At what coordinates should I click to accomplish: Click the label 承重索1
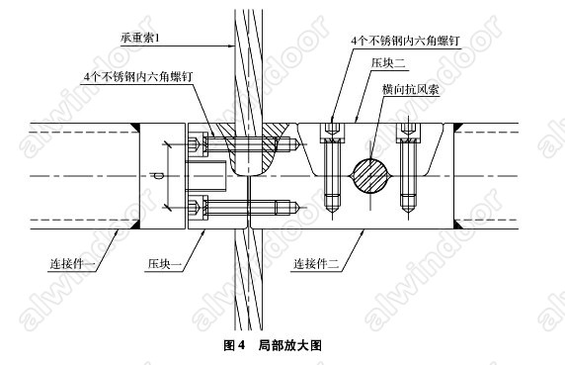click(140, 38)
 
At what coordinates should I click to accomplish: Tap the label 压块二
click(388, 63)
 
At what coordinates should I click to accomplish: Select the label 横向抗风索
click(411, 89)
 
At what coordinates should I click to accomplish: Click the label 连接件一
click(72, 264)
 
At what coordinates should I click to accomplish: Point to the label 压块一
click(164, 264)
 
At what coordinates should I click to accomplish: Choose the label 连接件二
click(316, 264)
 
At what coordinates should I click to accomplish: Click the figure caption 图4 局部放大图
click(273, 345)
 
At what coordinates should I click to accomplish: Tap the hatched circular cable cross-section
click(370, 176)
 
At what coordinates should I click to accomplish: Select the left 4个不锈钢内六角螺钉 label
click(138, 77)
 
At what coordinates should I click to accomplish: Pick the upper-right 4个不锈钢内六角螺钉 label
click(405, 41)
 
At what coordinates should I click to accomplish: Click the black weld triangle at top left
click(134, 128)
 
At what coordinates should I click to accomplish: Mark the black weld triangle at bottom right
click(458, 225)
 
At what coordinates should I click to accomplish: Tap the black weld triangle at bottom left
click(134, 225)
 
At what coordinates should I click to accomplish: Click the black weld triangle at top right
click(458, 128)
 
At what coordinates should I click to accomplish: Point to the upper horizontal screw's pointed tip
click(298, 144)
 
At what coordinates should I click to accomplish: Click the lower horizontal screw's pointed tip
click(298, 207)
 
